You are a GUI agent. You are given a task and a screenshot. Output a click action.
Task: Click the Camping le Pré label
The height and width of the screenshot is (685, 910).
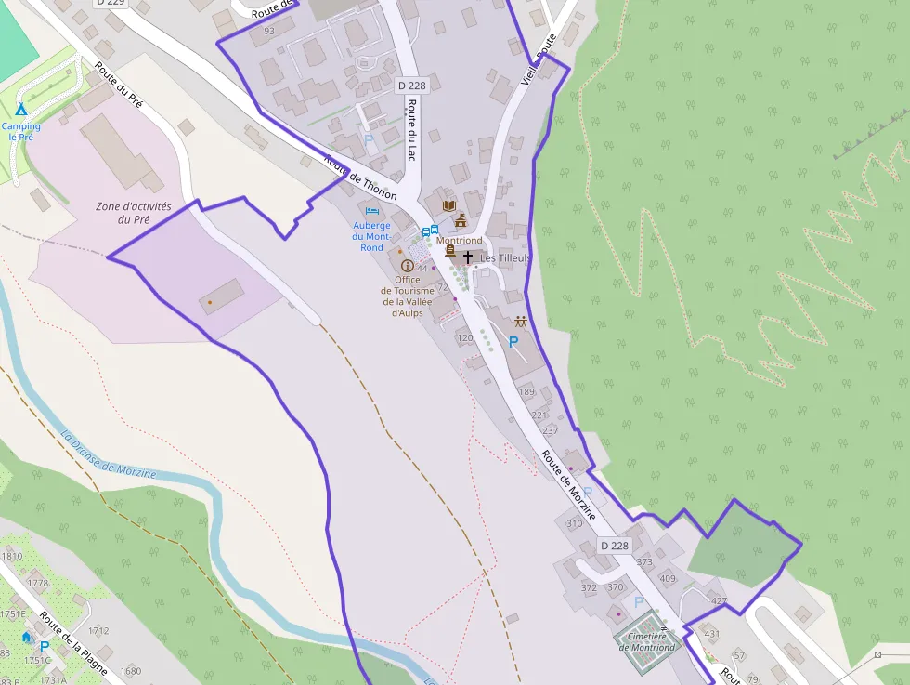point(20,131)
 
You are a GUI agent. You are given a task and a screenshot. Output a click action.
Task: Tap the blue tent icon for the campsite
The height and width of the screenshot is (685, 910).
point(20,110)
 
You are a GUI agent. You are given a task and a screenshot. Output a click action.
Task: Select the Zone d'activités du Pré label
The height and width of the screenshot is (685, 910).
point(134,213)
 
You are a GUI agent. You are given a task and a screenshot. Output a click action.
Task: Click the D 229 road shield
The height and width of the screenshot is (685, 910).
point(110,3)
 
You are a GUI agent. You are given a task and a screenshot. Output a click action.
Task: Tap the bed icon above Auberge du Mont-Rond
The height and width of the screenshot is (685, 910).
point(372,211)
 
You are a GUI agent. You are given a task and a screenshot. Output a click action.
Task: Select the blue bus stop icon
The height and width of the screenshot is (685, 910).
point(430,231)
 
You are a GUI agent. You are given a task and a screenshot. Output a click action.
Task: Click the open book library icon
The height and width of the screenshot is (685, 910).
point(450,204)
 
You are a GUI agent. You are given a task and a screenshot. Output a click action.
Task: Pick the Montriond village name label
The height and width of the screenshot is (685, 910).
point(460,240)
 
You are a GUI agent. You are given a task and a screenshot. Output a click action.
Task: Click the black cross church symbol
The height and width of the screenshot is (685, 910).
point(468,256)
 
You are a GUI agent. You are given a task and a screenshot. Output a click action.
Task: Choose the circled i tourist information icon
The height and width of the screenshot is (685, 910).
point(407,265)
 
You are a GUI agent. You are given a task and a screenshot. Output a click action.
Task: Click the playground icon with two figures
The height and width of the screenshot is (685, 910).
point(521,322)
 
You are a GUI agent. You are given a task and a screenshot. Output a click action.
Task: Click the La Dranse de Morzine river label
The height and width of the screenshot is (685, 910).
point(109,454)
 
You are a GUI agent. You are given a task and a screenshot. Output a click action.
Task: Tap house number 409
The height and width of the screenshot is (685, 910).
point(668,579)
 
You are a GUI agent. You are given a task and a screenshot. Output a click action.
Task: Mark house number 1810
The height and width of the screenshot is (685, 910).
point(12,556)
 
